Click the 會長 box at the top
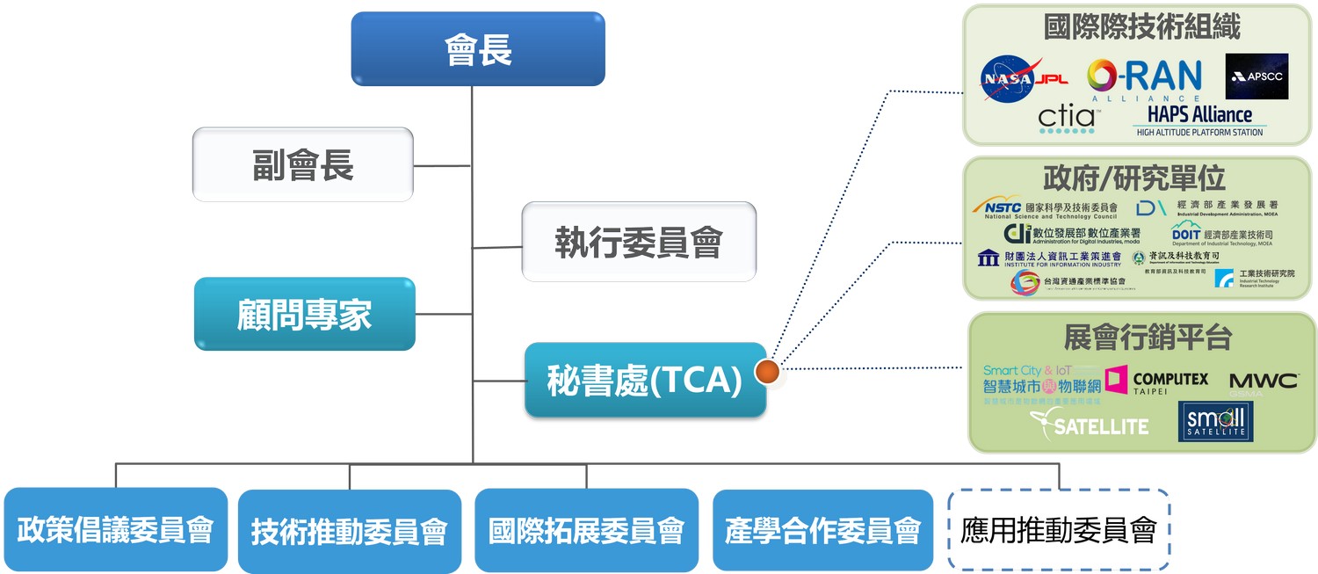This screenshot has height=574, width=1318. pyautogui.click(x=477, y=49)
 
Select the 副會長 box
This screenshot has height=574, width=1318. pyautogui.click(x=302, y=164)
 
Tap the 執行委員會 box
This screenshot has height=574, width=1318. pyautogui.click(x=638, y=241)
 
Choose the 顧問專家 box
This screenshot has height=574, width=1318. pyautogui.click(x=304, y=314)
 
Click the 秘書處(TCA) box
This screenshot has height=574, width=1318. pyautogui.click(x=645, y=380)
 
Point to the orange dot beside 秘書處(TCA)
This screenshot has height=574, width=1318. pyautogui.click(x=769, y=372)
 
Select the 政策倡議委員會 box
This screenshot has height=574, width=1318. pyautogui.click(x=115, y=530)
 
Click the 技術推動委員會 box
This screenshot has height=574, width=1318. pyautogui.click(x=349, y=530)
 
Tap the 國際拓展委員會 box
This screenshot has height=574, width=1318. pyautogui.click(x=586, y=530)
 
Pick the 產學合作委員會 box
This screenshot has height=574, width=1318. pyautogui.click(x=823, y=530)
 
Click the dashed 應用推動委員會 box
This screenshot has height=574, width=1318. pyautogui.click(x=1059, y=530)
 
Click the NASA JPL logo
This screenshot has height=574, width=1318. pyautogui.click(x=1024, y=78)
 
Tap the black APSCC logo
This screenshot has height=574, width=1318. pyautogui.click(x=1256, y=76)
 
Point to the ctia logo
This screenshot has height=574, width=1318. pyautogui.click(x=1066, y=120)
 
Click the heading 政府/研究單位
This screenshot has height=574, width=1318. pyautogui.click(x=1133, y=178)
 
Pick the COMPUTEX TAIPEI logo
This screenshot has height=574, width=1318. pyautogui.click(x=1156, y=381)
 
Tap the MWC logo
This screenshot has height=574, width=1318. pyautogui.click(x=1263, y=381)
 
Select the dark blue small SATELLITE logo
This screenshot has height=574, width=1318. pyautogui.click(x=1215, y=422)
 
